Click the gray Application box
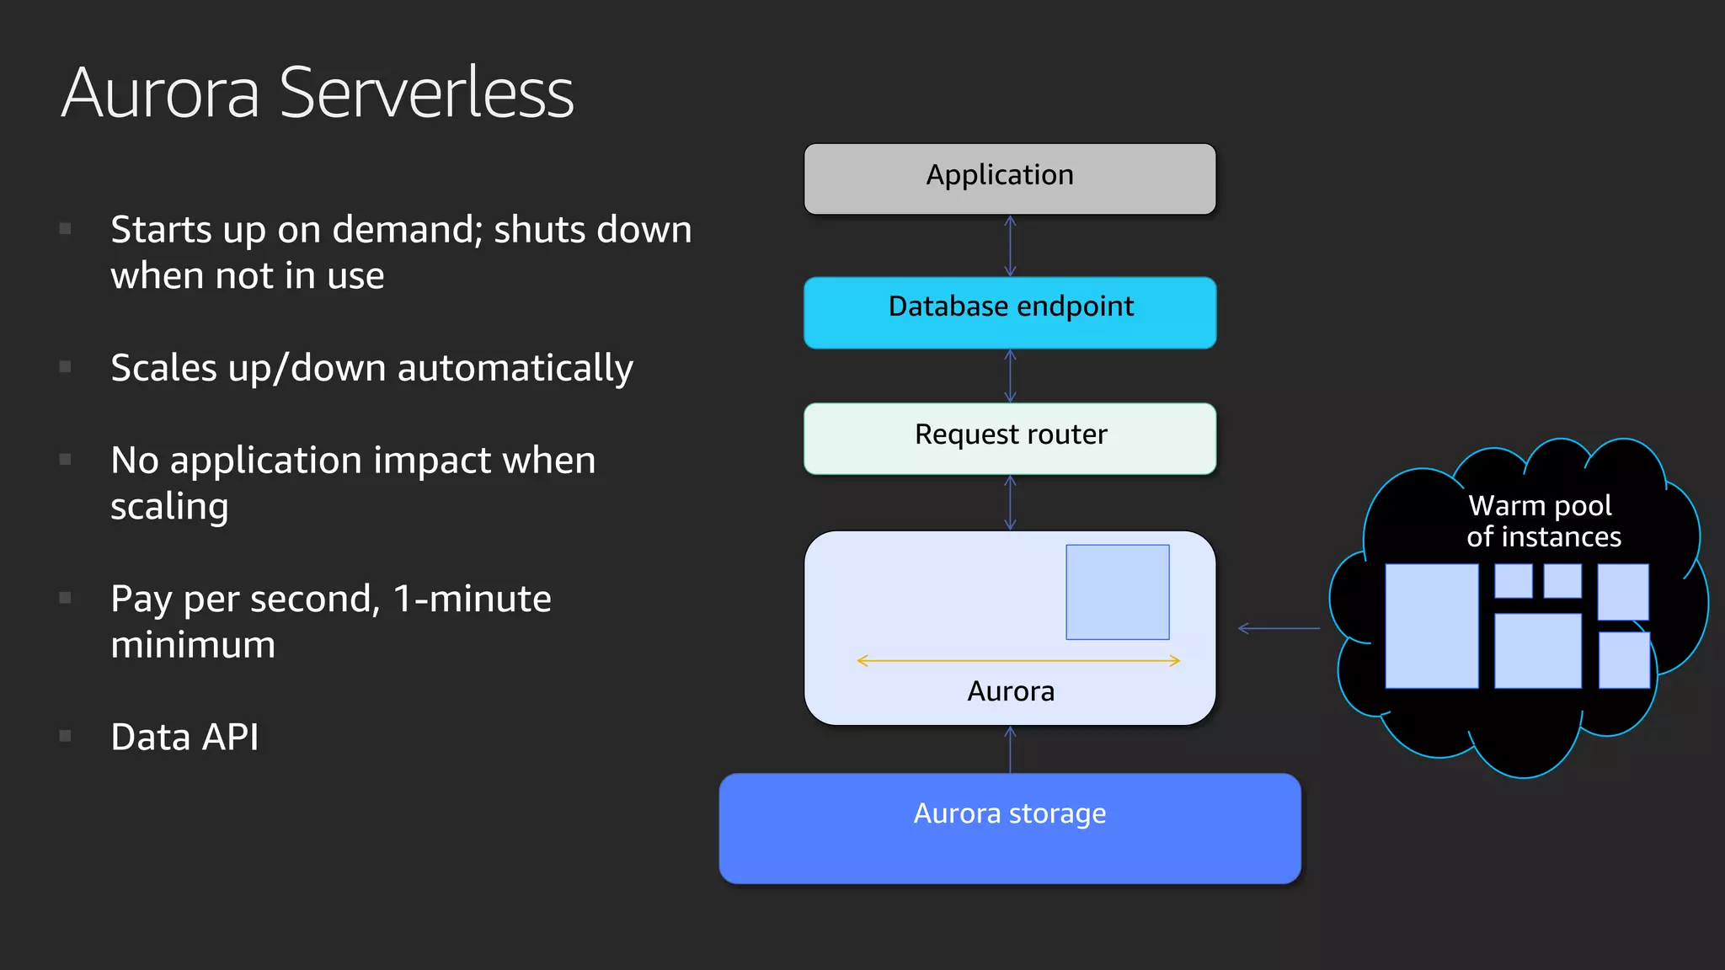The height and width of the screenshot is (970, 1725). tap(1009, 179)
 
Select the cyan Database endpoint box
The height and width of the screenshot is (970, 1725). tap(1009, 312)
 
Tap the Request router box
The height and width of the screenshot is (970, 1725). tap(1009, 439)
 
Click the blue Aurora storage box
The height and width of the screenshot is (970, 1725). tap(1009, 829)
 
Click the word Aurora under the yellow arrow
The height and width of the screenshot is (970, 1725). tap(1011, 691)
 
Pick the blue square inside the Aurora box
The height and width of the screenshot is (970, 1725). tap(1117, 592)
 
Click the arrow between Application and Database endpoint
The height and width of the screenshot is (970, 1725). tap(1010, 246)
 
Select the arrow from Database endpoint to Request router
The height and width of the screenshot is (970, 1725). tap(1010, 376)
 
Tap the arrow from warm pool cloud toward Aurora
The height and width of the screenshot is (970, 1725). tap(1279, 628)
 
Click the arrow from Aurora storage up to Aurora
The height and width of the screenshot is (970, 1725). tap(1010, 749)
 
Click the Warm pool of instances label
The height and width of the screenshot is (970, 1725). tap(1542, 521)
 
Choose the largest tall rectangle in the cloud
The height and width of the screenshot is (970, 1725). tap(1431, 626)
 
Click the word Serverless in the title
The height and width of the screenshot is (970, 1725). tap(426, 93)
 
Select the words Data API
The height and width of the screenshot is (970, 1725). tap(184, 737)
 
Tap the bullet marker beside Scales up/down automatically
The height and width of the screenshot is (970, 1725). tap(65, 366)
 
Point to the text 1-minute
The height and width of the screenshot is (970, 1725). tap(472, 599)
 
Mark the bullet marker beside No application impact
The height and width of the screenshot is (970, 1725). tap(65, 459)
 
